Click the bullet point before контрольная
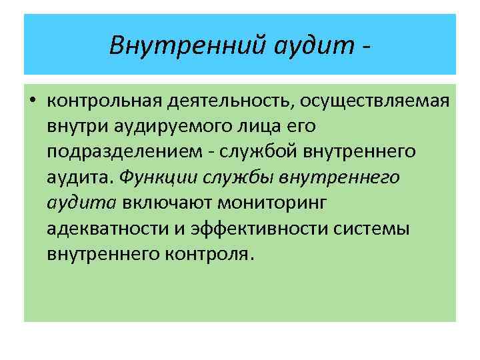tap(33, 101)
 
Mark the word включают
tap(163, 202)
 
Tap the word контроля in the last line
tap(214, 253)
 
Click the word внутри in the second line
tap(73, 126)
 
